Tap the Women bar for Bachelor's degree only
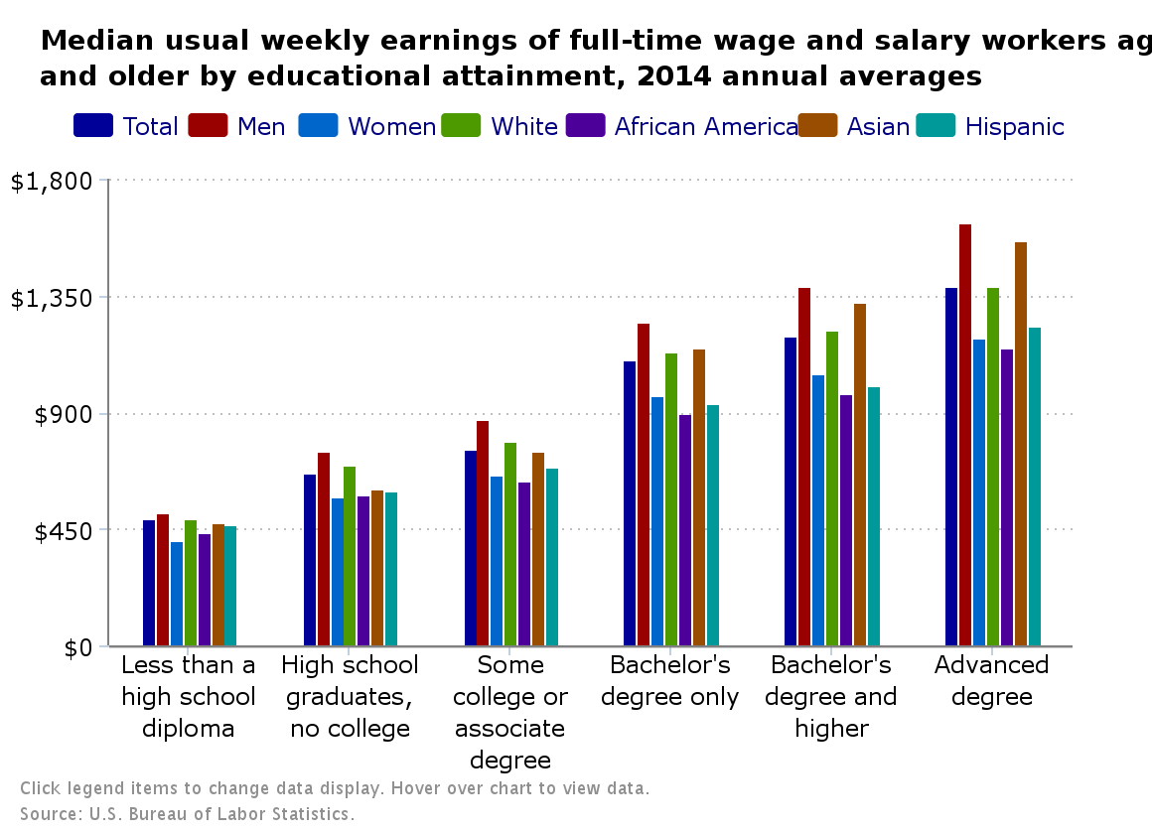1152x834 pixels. (657, 521)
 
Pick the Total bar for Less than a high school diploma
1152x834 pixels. (149, 583)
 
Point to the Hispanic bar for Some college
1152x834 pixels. (552, 557)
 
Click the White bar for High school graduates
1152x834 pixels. (350, 556)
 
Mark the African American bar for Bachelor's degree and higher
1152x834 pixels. (846, 520)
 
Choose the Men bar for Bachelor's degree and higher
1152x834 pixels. (804, 467)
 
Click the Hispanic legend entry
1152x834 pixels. (1014, 126)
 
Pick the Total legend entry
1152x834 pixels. (150, 126)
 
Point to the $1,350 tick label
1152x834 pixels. (50, 297)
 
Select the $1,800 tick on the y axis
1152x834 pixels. (50, 181)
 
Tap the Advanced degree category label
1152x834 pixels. (991, 680)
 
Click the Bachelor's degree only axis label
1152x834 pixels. (670, 680)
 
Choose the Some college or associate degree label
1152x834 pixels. (509, 712)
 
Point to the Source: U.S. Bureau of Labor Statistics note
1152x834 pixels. (187, 814)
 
